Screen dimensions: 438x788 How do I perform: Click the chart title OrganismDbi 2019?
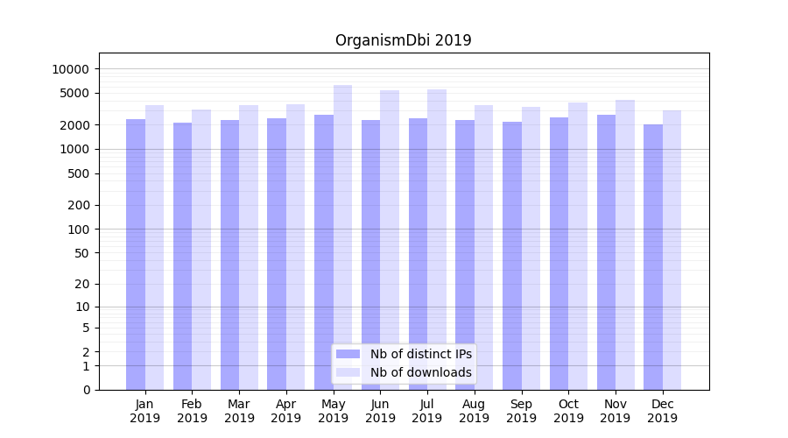(x=403, y=40)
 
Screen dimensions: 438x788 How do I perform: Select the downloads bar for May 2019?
(x=342, y=237)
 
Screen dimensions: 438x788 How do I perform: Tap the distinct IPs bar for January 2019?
(x=136, y=254)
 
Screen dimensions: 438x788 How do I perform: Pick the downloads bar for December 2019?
(x=672, y=250)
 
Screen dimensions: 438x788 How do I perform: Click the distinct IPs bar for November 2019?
(x=606, y=252)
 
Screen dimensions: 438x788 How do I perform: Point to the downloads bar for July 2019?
(x=437, y=239)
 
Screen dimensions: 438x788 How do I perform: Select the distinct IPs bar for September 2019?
(x=512, y=256)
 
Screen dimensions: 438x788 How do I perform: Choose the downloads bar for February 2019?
(x=201, y=250)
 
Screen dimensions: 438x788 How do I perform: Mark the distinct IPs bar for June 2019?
(x=370, y=254)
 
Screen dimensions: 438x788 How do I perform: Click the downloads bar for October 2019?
(x=577, y=245)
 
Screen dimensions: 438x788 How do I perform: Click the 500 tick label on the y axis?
(x=79, y=173)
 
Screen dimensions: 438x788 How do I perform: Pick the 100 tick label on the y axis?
(x=79, y=230)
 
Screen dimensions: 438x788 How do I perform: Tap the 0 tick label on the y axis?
(x=86, y=390)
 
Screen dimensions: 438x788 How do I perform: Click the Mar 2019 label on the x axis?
(x=239, y=411)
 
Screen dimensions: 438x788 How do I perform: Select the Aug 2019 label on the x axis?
(x=474, y=411)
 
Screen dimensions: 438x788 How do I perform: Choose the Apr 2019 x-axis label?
(x=286, y=411)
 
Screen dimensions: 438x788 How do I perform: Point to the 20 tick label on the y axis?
(x=82, y=284)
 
